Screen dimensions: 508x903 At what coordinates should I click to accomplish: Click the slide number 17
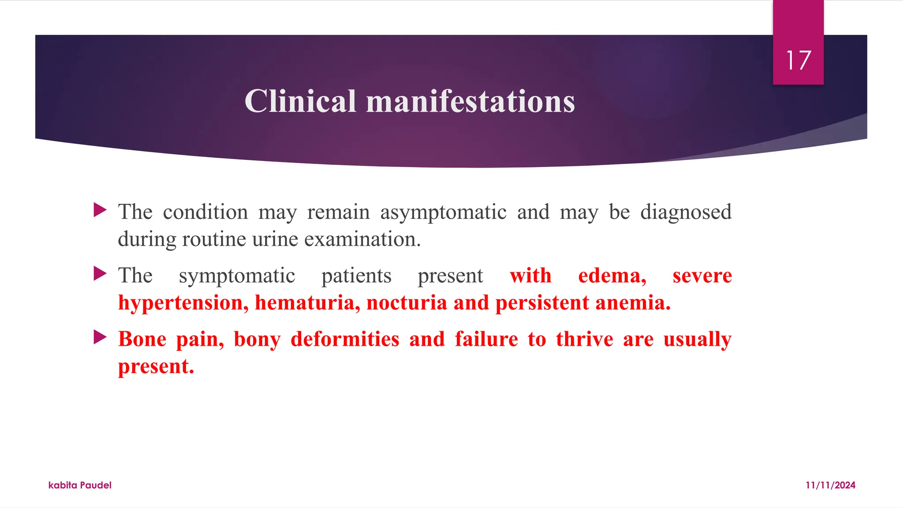pos(798,60)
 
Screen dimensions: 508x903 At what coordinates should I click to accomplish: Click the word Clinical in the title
pos(300,101)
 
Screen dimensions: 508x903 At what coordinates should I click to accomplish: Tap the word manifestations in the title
pos(470,101)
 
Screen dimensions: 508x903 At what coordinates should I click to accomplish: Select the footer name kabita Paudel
pos(80,485)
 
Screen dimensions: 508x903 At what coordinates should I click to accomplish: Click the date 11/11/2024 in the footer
pos(830,485)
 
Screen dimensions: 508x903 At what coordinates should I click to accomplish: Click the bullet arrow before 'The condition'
pos(100,210)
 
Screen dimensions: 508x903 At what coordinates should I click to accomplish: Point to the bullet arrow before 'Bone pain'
pos(100,337)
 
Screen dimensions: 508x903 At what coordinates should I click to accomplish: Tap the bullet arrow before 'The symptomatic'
pos(100,274)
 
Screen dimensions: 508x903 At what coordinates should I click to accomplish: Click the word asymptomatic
pos(443,213)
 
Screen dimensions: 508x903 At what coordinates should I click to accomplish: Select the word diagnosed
pos(686,213)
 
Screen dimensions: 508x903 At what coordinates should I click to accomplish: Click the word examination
pos(362,239)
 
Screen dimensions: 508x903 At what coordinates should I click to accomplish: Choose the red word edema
pos(612,276)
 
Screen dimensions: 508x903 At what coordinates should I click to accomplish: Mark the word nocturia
pos(407,303)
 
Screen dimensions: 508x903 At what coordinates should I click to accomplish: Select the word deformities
pos(345,340)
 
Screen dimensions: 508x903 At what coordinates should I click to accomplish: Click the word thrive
pos(584,340)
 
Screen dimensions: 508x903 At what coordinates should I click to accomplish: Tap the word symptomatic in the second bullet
pos(237,276)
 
